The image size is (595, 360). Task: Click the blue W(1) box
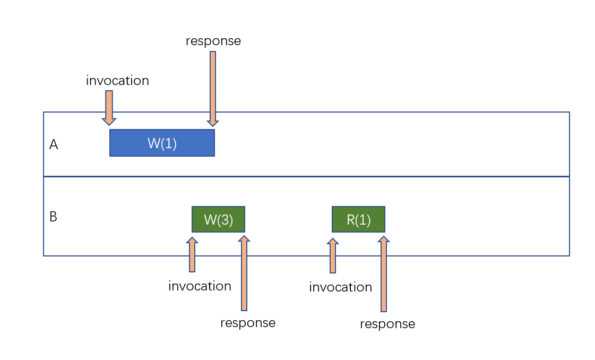click(x=162, y=143)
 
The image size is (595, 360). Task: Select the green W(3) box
click(x=218, y=219)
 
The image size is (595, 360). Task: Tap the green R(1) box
click(x=358, y=219)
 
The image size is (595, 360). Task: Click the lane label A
click(x=53, y=144)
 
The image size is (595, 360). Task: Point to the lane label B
click(x=53, y=217)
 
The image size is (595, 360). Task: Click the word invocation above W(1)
click(x=117, y=81)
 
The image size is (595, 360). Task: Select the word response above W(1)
click(x=213, y=41)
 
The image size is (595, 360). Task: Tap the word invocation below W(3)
click(x=200, y=286)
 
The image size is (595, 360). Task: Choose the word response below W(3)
click(x=248, y=322)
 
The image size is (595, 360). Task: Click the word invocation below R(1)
click(x=340, y=287)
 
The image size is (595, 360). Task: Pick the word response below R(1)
click(x=387, y=323)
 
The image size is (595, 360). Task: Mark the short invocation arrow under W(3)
click(x=192, y=255)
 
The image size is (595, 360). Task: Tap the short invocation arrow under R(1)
click(x=333, y=256)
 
